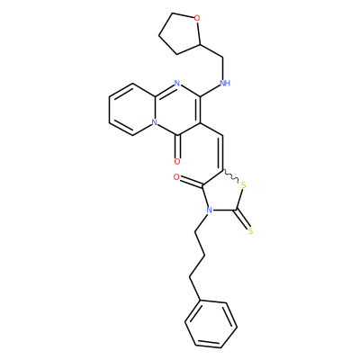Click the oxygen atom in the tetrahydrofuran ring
point(197,19)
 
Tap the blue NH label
point(225,83)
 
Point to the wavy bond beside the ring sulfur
point(230,176)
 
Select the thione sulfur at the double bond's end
point(251,230)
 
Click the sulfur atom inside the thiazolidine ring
point(243,185)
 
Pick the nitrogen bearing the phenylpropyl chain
point(210,210)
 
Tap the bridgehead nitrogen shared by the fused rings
point(154,122)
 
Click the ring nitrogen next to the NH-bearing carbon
point(177,83)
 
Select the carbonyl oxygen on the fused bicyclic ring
point(177,162)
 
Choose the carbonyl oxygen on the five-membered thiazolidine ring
point(176,177)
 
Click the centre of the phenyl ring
point(211,324)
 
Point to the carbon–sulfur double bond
point(243,220)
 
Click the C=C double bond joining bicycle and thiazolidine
point(222,153)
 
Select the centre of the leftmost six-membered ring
point(132,109)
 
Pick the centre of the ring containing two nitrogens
point(177,109)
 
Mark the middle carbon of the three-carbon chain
point(204,256)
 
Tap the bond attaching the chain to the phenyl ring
point(194,289)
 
